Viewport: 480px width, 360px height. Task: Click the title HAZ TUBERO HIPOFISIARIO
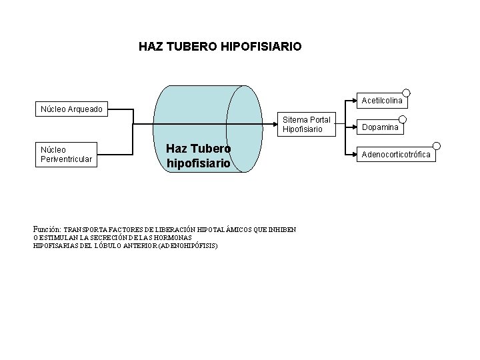pyautogui.click(x=220, y=47)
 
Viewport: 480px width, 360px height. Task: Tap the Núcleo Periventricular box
pyautogui.click(x=67, y=154)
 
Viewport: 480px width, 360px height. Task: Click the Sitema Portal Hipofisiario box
pyautogui.click(x=307, y=124)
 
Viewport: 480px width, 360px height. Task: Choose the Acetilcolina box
pyautogui.click(x=381, y=100)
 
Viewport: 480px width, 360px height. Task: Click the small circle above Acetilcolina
pyautogui.click(x=406, y=93)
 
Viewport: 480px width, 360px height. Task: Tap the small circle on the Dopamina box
pyautogui.click(x=402, y=119)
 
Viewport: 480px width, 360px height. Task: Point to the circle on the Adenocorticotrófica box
pyautogui.click(x=436, y=146)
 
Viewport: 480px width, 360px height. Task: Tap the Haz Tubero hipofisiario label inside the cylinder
pyautogui.click(x=198, y=155)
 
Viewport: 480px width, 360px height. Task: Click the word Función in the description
pyautogui.click(x=47, y=229)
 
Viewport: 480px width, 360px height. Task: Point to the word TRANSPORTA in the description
pyautogui.click(x=89, y=230)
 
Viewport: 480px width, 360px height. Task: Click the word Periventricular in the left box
pyautogui.click(x=67, y=159)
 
